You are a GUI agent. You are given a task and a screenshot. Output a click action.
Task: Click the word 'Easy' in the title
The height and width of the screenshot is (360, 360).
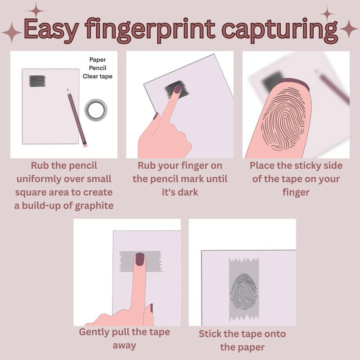[51, 29]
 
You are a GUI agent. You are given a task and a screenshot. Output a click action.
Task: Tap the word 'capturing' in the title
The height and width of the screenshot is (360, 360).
[280, 30]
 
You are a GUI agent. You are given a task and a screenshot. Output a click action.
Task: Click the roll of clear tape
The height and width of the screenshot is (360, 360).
[96, 110]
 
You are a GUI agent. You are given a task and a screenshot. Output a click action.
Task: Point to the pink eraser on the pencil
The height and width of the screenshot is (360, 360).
[85, 145]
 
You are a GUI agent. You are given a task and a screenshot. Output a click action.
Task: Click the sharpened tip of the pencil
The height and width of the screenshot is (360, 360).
[68, 90]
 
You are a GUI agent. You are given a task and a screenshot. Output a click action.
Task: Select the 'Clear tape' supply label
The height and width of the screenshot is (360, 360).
[97, 77]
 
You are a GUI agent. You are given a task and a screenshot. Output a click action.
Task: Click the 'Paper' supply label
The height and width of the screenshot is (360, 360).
[97, 60]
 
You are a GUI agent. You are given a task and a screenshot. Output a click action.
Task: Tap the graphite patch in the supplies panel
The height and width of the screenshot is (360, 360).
[37, 81]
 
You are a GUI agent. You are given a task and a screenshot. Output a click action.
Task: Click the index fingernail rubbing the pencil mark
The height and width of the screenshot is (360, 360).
[178, 89]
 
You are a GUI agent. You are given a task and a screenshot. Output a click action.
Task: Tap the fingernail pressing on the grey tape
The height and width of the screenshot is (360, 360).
[140, 259]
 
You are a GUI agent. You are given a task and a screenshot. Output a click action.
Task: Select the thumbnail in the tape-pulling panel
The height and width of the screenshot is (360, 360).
[151, 308]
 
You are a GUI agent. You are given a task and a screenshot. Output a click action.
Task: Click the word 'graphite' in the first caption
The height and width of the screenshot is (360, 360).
[94, 206]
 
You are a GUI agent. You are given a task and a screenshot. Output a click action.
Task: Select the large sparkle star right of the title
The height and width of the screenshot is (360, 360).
[349, 29]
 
